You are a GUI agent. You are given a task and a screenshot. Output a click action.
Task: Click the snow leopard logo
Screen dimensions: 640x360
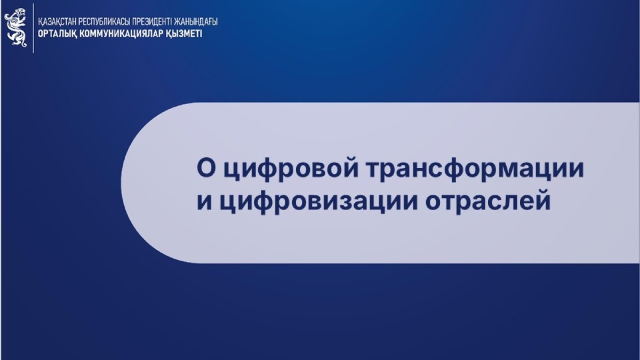(x=15, y=27)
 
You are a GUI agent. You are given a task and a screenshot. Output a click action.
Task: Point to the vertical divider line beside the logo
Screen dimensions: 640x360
(x=34, y=28)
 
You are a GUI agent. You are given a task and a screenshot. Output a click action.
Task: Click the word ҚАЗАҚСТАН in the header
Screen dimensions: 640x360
(x=57, y=22)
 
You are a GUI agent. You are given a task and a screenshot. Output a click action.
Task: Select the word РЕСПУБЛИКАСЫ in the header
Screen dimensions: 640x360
(x=105, y=22)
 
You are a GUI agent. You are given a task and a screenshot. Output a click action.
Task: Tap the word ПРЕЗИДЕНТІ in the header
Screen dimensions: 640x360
(x=153, y=22)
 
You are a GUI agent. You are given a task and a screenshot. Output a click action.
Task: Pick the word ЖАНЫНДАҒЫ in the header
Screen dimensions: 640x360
(x=195, y=22)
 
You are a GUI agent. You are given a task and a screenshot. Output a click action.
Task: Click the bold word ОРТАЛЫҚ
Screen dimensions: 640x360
(x=57, y=34)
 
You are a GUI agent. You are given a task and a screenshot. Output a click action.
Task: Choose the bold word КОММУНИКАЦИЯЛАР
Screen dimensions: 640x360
(x=121, y=34)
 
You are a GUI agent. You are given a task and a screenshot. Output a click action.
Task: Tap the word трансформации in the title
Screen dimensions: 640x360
(x=475, y=169)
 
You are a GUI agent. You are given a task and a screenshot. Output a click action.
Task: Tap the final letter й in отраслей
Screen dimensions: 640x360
(x=542, y=200)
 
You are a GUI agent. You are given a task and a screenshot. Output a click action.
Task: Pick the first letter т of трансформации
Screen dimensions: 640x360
(x=375, y=170)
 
